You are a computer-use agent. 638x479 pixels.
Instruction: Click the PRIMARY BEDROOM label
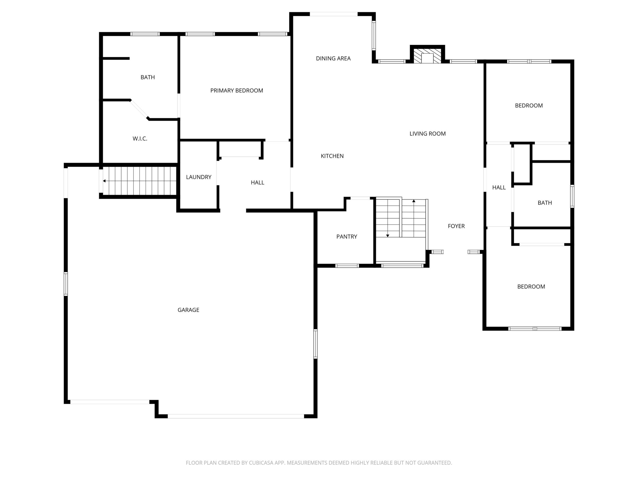tap(237, 91)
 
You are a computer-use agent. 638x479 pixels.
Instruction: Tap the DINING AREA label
tap(333, 59)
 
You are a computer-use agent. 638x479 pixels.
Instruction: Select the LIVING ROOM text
tap(427, 134)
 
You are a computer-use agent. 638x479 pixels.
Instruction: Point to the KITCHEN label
tap(332, 156)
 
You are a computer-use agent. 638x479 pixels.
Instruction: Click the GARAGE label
tap(188, 310)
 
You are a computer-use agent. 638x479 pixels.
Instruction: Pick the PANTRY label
tap(347, 237)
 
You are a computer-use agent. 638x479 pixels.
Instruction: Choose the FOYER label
tap(456, 226)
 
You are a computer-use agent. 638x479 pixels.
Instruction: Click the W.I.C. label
tap(140, 139)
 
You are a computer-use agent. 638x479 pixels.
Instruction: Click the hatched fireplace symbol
tap(427, 56)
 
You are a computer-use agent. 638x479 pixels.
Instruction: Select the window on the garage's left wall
tap(66, 284)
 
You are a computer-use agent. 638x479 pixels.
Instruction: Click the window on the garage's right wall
tap(315, 344)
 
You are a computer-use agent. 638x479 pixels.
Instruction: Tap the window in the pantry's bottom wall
tap(347, 266)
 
